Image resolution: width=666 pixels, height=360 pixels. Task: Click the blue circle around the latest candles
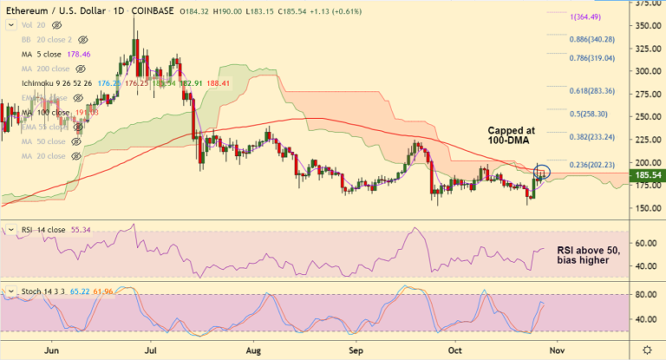pos(543,172)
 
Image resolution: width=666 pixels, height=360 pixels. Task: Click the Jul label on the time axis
pos(152,350)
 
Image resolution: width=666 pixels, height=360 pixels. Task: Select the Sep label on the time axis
pos(354,350)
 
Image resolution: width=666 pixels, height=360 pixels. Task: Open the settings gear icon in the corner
pos(646,349)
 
